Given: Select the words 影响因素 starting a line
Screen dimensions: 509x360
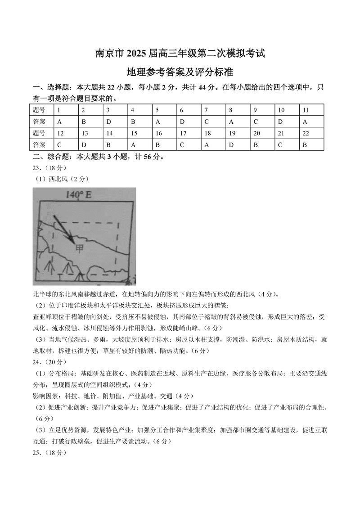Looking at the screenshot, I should pos(47,396).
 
